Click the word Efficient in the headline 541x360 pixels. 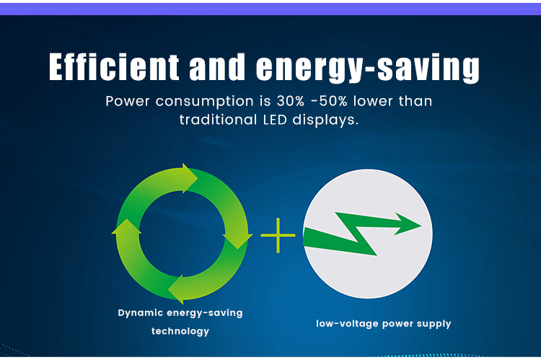coord(114,66)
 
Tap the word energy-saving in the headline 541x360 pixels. coord(368,69)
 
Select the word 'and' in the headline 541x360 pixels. coord(217,66)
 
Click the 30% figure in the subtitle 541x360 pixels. coord(291,101)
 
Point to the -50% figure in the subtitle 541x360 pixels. coord(329,101)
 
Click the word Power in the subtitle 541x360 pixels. coord(128,101)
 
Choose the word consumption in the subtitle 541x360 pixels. coord(205,102)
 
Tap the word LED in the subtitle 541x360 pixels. coord(275,120)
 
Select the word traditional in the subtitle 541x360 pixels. coord(219,120)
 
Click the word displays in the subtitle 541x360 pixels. coord(325,120)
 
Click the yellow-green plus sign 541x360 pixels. coord(278,235)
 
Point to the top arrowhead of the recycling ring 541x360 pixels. coord(189,178)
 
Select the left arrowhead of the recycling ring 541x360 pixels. coord(127,227)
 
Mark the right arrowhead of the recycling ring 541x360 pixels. coord(238,241)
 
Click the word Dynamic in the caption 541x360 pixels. coord(141,313)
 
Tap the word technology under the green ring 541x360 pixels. coord(180,331)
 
